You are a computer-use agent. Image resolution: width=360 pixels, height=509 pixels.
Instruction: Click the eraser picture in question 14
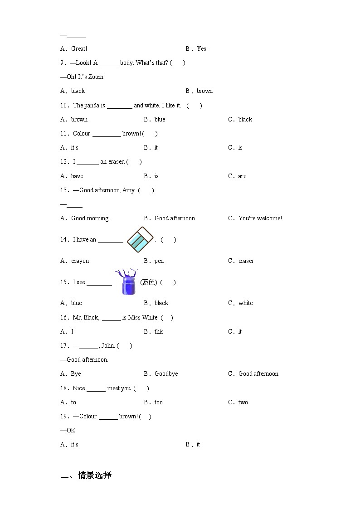pyautogui.click(x=140, y=240)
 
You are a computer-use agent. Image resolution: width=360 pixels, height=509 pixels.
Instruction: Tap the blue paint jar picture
pyautogui.click(x=127, y=282)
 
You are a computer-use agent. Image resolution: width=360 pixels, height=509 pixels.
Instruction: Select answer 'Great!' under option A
pyautogui.click(x=79, y=48)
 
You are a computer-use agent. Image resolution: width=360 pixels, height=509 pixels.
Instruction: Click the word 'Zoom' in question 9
pyautogui.click(x=96, y=77)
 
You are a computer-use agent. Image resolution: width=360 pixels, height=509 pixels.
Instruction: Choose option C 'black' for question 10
pyautogui.click(x=245, y=119)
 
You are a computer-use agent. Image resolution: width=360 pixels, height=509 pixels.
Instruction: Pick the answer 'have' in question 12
pyautogui.click(x=77, y=176)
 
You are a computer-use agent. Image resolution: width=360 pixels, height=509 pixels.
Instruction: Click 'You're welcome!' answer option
pyautogui.click(x=260, y=218)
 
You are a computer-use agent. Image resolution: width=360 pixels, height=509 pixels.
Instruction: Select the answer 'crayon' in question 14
pyautogui.click(x=80, y=261)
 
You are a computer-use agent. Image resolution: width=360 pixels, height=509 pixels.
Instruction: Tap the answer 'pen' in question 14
pyautogui.click(x=159, y=261)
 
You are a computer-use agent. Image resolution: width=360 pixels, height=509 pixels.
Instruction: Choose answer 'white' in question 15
pyautogui.click(x=246, y=303)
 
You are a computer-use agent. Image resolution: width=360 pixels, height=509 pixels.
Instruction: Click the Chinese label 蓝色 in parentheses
pyautogui.click(x=148, y=282)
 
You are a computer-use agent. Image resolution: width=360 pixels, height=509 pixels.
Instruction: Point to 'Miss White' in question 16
pyautogui.click(x=143, y=317)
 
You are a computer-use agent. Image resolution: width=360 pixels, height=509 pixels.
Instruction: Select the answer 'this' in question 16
pyautogui.click(x=159, y=331)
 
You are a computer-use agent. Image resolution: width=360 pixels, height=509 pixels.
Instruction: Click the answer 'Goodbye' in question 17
pyautogui.click(x=166, y=373)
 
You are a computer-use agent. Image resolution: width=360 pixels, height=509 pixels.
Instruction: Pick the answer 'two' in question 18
pyautogui.click(x=243, y=402)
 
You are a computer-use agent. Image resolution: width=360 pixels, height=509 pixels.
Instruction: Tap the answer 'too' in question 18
pyautogui.click(x=159, y=402)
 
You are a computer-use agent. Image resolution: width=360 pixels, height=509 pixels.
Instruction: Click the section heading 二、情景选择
pyautogui.click(x=86, y=475)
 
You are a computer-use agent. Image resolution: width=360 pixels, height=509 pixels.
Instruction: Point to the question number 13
pyautogui.click(x=63, y=190)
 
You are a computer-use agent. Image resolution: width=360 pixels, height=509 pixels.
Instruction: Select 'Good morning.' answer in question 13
pyautogui.click(x=90, y=218)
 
